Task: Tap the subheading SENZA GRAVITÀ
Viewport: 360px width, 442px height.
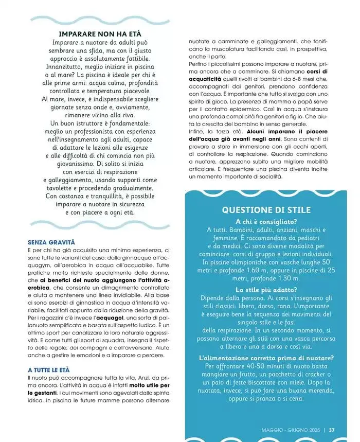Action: [51, 241]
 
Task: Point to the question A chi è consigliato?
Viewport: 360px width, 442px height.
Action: [266, 221]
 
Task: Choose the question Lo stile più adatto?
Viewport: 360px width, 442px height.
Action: [266, 290]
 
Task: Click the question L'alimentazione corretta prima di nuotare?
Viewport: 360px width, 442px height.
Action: [266, 358]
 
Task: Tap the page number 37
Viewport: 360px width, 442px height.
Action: [332, 430]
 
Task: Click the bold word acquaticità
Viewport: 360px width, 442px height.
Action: [205, 79]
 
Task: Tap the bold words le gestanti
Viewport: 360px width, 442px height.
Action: [43, 393]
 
